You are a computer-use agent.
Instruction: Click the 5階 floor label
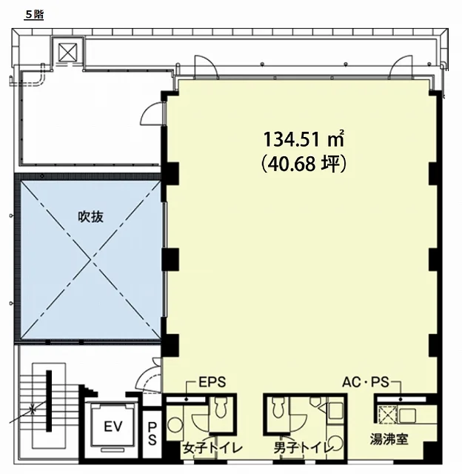tap(34, 15)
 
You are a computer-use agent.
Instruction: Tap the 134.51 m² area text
tap(304, 139)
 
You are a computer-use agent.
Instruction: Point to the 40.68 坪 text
tap(304, 164)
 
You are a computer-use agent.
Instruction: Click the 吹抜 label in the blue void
tap(90, 216)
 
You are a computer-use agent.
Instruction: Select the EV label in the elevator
tap(113, 427)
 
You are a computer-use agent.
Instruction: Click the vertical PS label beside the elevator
tap(153, 434)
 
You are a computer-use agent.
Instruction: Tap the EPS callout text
tap(212, 382)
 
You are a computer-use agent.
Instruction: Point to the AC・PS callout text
tap(365, 382)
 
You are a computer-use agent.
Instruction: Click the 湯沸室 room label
tap(389, 439)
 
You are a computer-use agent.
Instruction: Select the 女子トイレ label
tap(212, 448)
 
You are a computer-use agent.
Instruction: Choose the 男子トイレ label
tap(303, 448)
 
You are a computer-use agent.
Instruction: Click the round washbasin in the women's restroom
tap(175, 424)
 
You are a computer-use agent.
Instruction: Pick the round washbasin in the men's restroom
tap(336, 443)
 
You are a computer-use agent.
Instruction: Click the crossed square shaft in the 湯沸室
tap(386, 415)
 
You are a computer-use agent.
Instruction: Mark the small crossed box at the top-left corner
tap(67, 52)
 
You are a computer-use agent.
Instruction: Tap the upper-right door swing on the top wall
tap(401, 67)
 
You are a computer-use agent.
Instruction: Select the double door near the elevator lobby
tap(149, 375)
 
